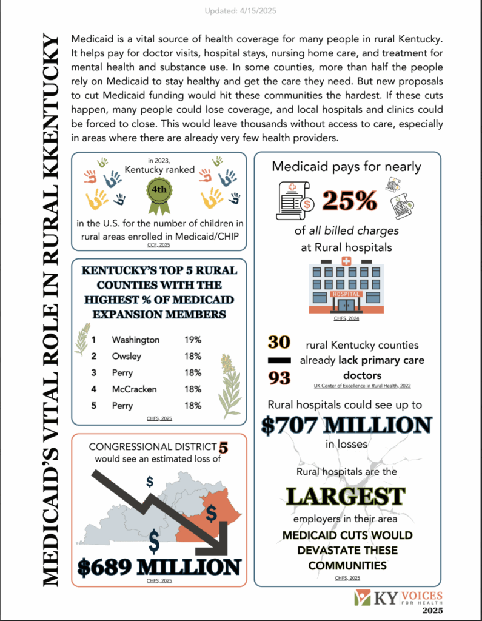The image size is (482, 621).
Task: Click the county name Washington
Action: tap(135, 340)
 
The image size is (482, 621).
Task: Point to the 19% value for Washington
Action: tap(193, 340)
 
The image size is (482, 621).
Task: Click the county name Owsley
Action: tap(127, 356)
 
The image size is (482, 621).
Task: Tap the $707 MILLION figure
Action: tap(347, 425)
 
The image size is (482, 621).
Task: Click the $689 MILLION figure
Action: tap(159, 566)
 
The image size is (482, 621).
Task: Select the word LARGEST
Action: tap(346, 495)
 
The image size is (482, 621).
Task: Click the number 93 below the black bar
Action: tap(280, 378)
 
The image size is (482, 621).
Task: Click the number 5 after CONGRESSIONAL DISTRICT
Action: tap(223, 448)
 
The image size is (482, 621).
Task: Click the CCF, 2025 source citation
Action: tap(159, 245)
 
